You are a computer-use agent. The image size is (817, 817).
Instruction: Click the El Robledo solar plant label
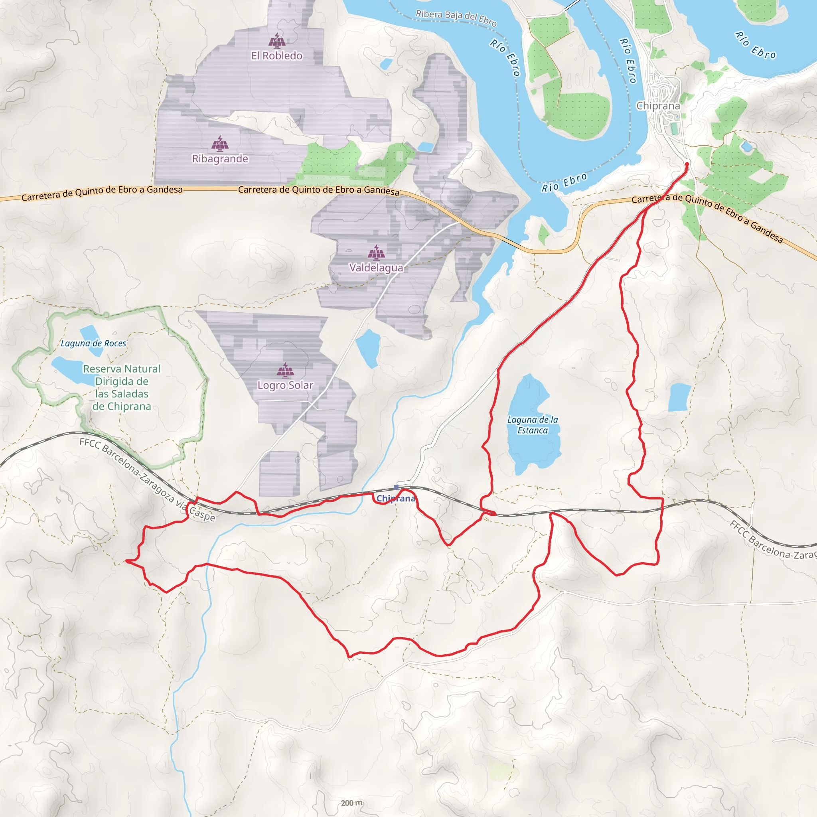click(x=276, y=56)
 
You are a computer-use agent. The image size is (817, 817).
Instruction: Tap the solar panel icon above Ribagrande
click(x=220, y=144)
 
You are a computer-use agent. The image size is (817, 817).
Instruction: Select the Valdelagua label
click(x=376, y=268)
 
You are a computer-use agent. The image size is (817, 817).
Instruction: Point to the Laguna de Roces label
click(x=93, y=343)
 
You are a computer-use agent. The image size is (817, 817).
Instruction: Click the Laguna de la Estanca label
click(x=533, y=425)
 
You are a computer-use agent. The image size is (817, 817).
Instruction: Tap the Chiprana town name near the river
click(x=658, y=106)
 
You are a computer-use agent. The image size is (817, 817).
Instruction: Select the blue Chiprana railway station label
click(x=395, y=499)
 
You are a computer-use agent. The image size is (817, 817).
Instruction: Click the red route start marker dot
click(x=687, y=164)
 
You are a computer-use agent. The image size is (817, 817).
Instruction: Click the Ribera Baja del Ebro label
click(x=456, y=18)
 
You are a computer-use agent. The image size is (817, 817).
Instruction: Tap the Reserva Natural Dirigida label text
click(x=122, y=387)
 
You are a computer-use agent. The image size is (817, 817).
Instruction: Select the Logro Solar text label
click(x=286, y=385)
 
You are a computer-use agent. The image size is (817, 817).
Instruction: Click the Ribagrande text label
click(x=220, y=159)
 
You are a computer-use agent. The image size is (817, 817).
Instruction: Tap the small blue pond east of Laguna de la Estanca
click(x=679, y=397)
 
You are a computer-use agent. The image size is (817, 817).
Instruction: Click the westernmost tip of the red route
click(x=126, y=561)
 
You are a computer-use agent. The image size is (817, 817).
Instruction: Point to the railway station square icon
click(x=396, y=487)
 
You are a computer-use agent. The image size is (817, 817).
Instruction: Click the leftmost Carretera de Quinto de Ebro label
click(x=102, y=193)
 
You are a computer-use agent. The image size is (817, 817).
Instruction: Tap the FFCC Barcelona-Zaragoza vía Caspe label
click(x=147, y=480)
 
